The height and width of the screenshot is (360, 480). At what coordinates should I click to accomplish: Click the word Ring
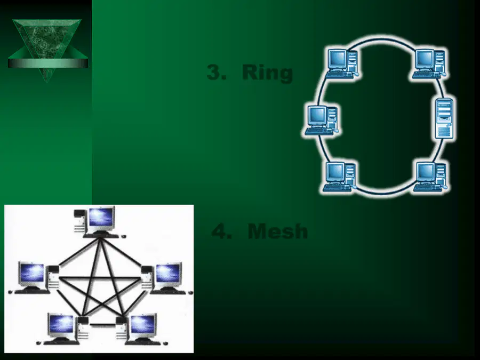pos(267,73)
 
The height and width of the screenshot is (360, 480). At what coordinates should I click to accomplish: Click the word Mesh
pos(278,231)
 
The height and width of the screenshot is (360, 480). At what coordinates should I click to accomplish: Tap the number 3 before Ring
pos(217,73)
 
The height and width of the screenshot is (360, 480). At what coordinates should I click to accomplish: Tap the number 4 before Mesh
pos(222,231)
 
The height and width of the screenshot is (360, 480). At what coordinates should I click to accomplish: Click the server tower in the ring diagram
pos(444,118)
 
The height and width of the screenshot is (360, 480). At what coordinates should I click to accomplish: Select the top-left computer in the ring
pos(342,63)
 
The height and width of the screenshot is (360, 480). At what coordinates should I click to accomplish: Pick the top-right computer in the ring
pos(429,63)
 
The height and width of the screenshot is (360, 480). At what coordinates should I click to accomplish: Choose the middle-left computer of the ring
pos(322,121)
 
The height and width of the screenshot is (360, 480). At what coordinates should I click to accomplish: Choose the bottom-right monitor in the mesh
pos(142,326)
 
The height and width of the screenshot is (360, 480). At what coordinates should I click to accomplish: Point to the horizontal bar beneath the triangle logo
pos(48,63)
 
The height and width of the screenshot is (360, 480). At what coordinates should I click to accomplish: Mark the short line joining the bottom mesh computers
pos(102,324)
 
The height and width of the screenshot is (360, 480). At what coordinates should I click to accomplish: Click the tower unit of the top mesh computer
pos(80,220)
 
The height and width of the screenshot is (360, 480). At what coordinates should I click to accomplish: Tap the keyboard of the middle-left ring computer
pos(319,132)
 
